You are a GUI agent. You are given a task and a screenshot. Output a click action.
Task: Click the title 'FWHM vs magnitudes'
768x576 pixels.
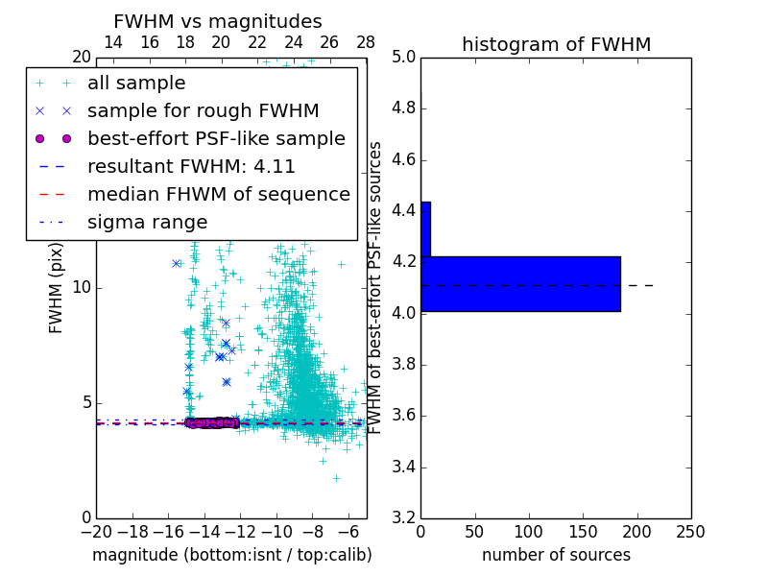217,21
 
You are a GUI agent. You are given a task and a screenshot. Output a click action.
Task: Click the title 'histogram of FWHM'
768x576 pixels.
556,44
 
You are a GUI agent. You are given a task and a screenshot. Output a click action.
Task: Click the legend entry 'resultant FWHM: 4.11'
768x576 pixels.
191,166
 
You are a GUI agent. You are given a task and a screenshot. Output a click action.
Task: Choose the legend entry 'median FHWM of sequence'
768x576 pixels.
218,194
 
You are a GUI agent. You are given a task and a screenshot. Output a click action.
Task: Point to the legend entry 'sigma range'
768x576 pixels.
147,222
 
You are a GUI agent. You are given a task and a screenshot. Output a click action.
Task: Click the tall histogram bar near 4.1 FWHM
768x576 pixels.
520,284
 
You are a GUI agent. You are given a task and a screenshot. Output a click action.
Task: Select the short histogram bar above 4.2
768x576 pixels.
425,229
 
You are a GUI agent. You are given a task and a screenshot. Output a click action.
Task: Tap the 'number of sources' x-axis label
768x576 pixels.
556,555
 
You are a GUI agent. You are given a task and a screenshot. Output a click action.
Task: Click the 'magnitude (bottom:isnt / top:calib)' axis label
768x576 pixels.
231,555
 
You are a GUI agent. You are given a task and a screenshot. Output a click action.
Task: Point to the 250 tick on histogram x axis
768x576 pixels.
690,532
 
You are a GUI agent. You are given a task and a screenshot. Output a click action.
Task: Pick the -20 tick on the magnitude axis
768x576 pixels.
96,532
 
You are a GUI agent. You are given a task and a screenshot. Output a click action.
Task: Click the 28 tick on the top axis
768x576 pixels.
366,43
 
